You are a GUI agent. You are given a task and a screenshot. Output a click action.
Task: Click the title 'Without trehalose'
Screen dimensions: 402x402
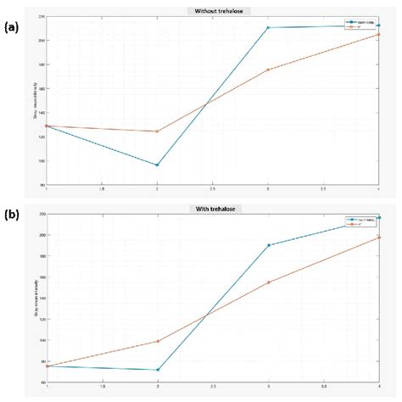click(213, 10)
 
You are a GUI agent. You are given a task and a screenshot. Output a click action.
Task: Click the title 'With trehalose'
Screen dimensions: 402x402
click(213, 208)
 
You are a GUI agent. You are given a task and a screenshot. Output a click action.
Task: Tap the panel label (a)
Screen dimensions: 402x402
click(12, 27)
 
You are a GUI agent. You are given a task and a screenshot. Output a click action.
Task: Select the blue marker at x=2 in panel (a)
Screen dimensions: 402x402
click(157, 165)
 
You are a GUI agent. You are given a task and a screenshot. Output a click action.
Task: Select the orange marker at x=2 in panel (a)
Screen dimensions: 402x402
click(157, 131)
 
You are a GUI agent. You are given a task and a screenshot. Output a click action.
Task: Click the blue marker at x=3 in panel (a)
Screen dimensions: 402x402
click(268, 27)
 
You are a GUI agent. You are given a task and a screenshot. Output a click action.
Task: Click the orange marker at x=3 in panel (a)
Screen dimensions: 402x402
click(268, 70)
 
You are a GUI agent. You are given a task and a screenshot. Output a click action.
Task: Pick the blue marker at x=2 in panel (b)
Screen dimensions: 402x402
click(157, 370)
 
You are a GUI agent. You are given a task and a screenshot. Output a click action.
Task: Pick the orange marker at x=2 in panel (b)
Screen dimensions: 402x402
click(157, 341)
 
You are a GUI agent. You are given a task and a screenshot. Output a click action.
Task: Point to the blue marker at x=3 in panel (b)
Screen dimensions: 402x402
click(268, 245)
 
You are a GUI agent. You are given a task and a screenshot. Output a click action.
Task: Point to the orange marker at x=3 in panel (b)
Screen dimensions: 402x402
click(268, 282)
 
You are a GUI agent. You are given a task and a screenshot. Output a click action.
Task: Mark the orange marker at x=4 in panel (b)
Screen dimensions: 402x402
click(379, 237)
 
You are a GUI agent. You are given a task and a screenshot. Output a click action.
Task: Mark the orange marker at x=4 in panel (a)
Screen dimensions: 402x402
click(379, 34)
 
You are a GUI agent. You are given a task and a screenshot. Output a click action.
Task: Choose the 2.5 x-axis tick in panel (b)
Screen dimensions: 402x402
click(213, 388)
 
